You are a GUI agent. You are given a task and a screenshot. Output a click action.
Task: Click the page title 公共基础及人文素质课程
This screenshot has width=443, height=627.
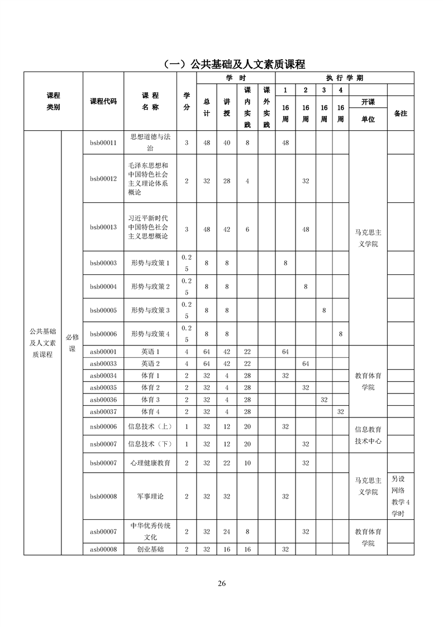point(235,64)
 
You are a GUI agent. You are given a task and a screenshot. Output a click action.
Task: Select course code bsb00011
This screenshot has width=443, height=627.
point(103,142)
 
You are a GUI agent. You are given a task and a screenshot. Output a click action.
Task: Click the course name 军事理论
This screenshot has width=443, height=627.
point(150,496)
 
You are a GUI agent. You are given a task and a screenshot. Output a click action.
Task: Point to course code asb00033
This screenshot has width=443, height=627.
point(103,363)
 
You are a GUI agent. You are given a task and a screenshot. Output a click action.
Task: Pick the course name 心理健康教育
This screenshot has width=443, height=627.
point(150,463)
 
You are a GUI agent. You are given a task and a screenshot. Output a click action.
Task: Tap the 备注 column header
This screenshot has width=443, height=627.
point(400,113)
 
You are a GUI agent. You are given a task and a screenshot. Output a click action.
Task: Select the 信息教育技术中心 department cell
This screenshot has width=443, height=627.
point(368,435)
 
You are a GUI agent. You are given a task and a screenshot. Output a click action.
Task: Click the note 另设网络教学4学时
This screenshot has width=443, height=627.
point(401,496)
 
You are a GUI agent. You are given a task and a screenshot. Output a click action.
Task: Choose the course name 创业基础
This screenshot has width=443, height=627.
point(150,549)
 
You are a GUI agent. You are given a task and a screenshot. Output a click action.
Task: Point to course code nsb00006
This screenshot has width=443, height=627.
point(103,426)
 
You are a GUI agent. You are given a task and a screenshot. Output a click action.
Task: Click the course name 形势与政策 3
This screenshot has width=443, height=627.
point(150,310)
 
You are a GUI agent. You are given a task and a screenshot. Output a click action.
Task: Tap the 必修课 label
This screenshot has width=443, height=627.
point(72,342)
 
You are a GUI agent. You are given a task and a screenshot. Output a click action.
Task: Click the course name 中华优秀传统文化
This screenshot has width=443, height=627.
point(150,531)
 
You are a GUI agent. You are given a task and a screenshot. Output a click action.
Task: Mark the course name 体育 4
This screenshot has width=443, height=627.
point(150,411)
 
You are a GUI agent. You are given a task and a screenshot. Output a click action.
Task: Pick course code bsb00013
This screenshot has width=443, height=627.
point(103,227)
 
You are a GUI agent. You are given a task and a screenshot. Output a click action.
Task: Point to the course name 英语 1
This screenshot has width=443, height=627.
point(150,351)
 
